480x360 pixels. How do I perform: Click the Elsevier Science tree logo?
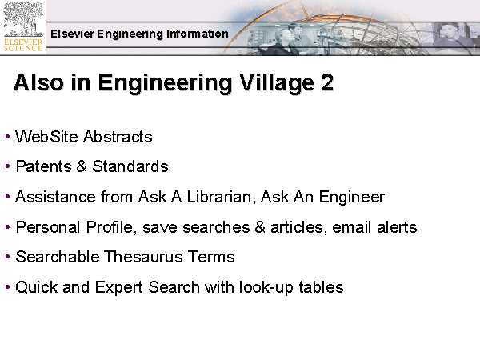click(x=23, y=27)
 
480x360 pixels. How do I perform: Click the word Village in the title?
click(x=276, y=83)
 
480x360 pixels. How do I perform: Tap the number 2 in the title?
click(x=327, y=82)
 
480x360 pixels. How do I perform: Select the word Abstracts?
click(x=118, y=137)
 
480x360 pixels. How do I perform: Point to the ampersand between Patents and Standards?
click(x=82, y=166)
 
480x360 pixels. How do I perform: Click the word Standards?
click(x=130, y=166)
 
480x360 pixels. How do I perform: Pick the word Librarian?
click(x=221, y=197)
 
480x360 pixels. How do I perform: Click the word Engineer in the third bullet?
click(x=352, y=198)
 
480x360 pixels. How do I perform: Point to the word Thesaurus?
click(x=143, y=257)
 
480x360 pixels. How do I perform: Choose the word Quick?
click(x=37, y=287)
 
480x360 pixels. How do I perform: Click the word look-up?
click(x=266, y=288)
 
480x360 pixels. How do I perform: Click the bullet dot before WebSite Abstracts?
click(x=8, y=137)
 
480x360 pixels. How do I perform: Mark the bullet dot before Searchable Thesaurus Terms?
click(x=8, y=257)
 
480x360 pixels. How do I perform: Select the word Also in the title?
click(x=38, y=82)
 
